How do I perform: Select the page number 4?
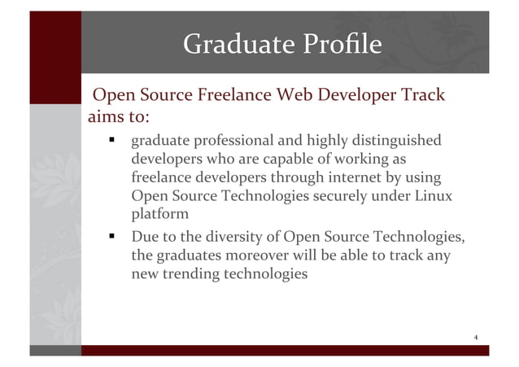475,337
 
